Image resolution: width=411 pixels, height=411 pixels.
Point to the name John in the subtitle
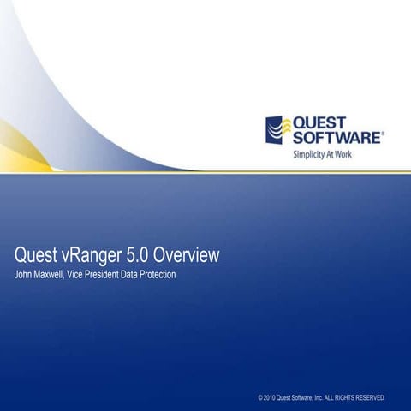tap(25, 274)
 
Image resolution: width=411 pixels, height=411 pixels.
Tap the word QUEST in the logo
tap(322, 122)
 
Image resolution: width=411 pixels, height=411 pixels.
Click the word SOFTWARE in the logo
tap(337, 137)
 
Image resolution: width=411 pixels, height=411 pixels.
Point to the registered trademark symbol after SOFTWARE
tap(383, 133)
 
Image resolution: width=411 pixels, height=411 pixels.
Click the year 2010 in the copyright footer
tap(271, 398)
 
